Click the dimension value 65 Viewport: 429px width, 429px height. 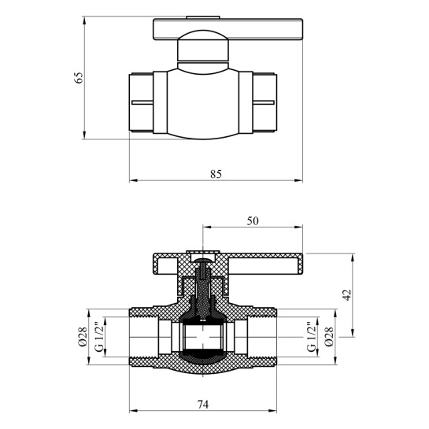[x=78, y=78]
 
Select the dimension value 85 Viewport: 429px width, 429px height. [x=216, y=174]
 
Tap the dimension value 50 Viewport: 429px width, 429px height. [x=253, y=220]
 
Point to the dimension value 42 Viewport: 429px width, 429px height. [x=347, y=295]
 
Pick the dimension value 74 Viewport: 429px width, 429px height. [x=203, y=404]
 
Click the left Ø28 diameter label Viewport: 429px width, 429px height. [x=83, y=337]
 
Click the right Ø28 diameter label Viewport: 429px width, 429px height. [x=329, y=337]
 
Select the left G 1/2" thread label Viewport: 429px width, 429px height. [x=99, y=337]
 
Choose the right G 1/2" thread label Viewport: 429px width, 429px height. [x=312, y=337]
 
